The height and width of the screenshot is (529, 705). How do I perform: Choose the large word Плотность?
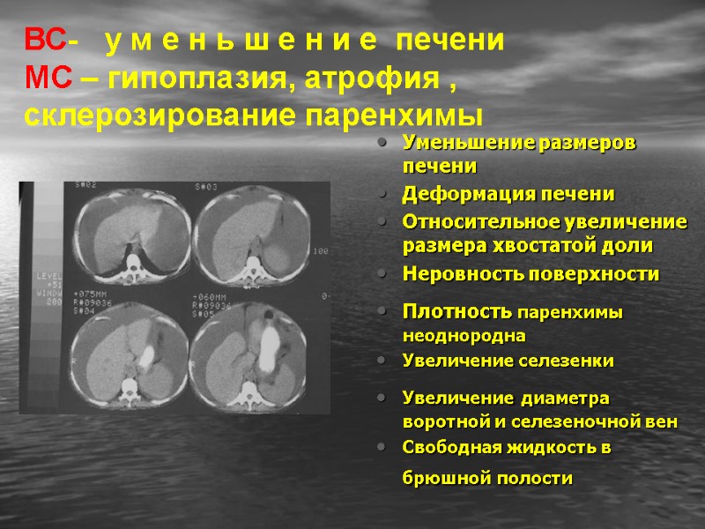(456, 311)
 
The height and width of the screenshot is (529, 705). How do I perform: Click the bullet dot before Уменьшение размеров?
(380, 143)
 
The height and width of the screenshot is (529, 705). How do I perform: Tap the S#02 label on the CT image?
(85, 185)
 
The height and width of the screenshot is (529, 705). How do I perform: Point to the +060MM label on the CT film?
(211, 296)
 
